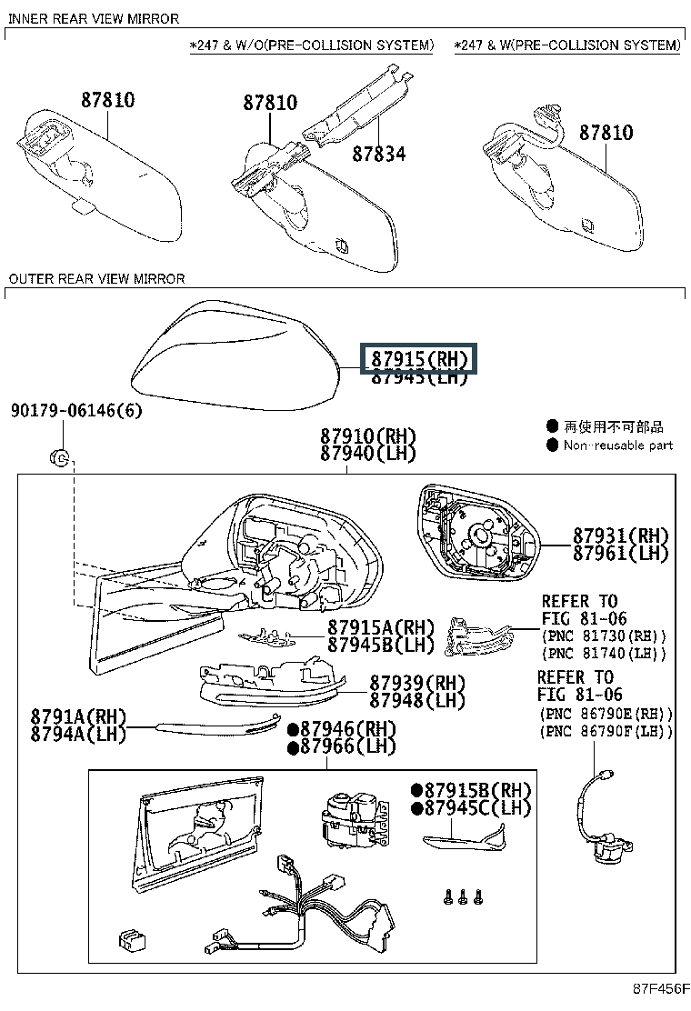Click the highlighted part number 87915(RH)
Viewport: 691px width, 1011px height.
click(420, 359)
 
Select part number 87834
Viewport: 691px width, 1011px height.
click(378, 154)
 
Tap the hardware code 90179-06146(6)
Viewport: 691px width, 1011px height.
click(76, 411)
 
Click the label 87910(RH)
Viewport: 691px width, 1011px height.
click(367, 435)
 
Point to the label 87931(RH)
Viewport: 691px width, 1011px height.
click(620, 536)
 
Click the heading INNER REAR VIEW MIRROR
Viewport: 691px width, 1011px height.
click(94, 18)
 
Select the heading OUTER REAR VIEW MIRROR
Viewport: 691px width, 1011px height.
click(96, 279)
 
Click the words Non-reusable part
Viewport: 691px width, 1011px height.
click(617, 445)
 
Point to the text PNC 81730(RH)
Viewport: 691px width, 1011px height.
click(604, 636)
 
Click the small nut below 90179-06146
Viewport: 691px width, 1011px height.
click(56, 456)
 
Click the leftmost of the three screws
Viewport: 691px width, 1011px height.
click(446, 896)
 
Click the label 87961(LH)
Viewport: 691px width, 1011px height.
click(620, 553)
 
